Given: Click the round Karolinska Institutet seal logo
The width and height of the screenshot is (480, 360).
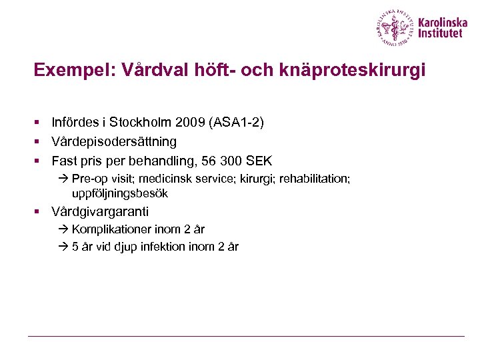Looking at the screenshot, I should (x=395, y=27).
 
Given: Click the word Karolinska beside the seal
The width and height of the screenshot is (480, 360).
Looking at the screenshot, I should (x=443, y=22).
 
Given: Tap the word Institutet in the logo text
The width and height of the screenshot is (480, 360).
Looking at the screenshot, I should (x=439, y=34).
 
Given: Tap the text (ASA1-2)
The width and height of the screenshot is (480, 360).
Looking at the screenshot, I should (x=236, y=123).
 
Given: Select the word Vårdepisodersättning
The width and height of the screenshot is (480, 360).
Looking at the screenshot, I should (x=114, y=141).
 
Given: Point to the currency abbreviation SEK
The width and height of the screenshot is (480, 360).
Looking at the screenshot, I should (x=259, y=161).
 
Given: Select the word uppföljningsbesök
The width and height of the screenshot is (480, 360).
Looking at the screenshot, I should (x=120, y=193).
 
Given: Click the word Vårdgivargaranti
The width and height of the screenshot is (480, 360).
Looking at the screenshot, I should (x=101, y=212).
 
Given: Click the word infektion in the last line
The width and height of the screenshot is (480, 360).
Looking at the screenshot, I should (x=164, y=247).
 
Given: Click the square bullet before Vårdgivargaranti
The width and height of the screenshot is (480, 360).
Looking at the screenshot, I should (x=39, y=212).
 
